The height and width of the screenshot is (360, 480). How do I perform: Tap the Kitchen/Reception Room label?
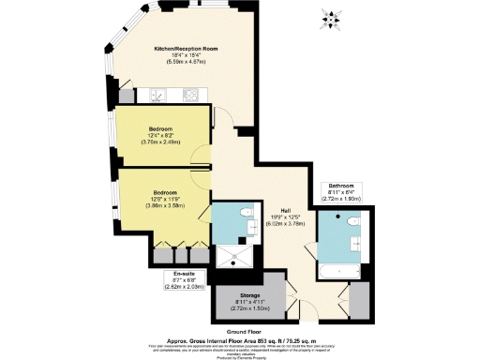[x=191, y=52]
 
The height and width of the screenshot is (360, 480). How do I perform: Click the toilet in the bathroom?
[x=352, y=222]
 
